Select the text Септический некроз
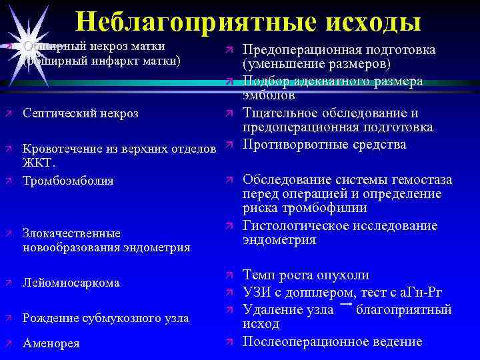click(81, 113)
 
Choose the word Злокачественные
click(71, 233)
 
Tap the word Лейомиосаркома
click(71, 283)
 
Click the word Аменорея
click(51, 343)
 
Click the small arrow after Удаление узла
click(346, 304)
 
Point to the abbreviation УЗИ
click(257, 293)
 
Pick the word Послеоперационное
click(305, 341)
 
